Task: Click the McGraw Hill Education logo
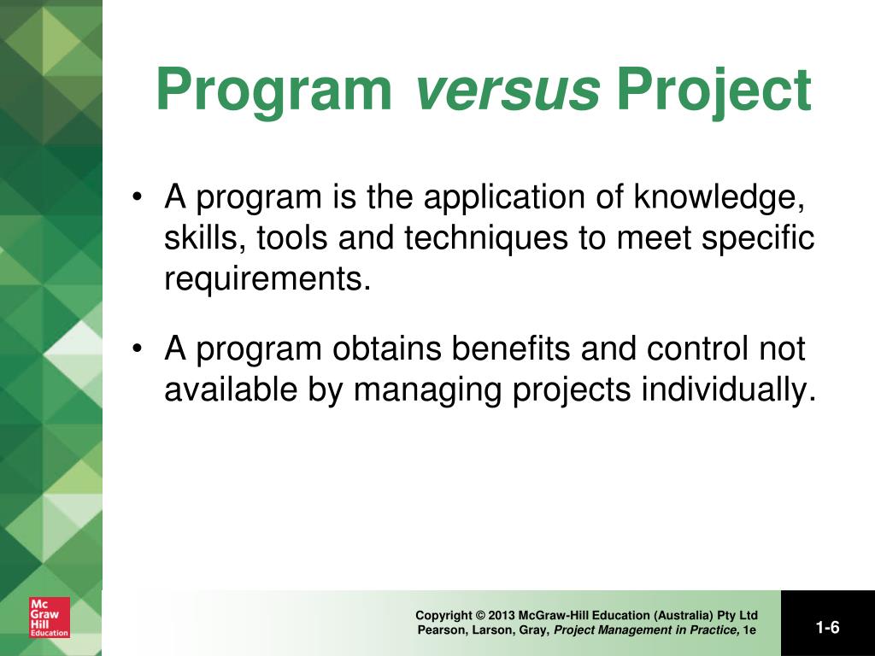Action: (x=50, y=618)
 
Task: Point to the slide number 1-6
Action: (x=827, y=628)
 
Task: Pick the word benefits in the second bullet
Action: (x=511, y=348)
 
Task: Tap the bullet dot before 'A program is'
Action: (x=136, y=197)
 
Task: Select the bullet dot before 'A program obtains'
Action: (x=136, y=348)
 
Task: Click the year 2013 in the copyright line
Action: (x=501, y=615)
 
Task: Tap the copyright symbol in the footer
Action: (x=480, y=615)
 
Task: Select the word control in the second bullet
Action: (x=697, y=348)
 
